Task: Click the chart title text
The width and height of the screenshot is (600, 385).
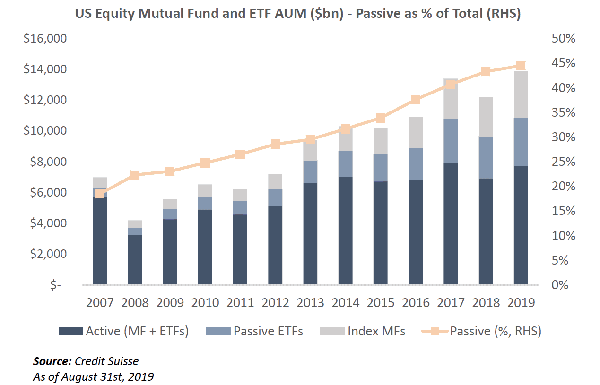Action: point(298,14)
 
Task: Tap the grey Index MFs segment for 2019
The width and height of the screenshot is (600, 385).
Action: point(521,94)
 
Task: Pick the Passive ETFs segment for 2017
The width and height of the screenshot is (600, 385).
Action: point(451,141)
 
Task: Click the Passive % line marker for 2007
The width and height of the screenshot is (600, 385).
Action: point(100,194)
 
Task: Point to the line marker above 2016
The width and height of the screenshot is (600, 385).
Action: point(416,100)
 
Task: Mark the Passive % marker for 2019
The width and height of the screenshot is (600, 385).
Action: point(521,66)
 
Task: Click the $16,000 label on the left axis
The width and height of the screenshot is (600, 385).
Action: point(45,39)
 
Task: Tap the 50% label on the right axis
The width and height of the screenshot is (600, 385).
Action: point(563,39)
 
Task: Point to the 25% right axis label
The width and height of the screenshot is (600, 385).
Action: point(563,162)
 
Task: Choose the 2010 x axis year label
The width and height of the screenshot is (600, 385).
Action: point(205,302)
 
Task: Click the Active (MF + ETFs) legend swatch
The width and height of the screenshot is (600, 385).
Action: point(70,331)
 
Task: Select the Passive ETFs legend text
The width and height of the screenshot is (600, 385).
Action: point(268,331)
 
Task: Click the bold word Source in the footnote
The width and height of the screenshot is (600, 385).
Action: point(52,362)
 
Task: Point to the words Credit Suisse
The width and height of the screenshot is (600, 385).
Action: point(107,362)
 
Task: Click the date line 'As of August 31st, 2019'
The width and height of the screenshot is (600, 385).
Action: point(93,377)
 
